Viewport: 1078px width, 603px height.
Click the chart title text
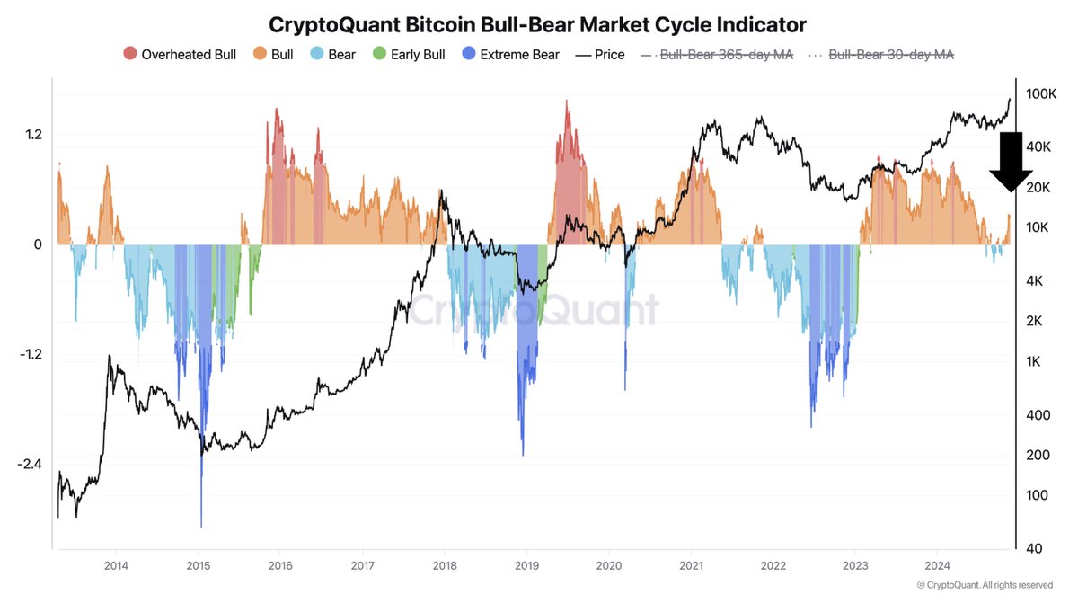(538, 23)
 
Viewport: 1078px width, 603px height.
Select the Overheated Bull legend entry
(180, 55)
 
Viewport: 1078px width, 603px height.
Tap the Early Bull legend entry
(409, 55)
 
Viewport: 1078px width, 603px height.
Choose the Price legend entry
(599, 55)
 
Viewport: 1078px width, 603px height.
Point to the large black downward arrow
(1010, 162)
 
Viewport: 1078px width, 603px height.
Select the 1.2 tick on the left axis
(34, 135)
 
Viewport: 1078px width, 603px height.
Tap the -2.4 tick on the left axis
(31, 465)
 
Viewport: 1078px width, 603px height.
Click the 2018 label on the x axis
(445, 565)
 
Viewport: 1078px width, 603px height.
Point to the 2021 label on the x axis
(691, 565)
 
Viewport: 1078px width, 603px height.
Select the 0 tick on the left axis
(39, 244)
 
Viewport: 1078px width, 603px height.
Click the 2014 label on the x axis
(116, 565)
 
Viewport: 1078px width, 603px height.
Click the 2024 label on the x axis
(937, 565)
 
